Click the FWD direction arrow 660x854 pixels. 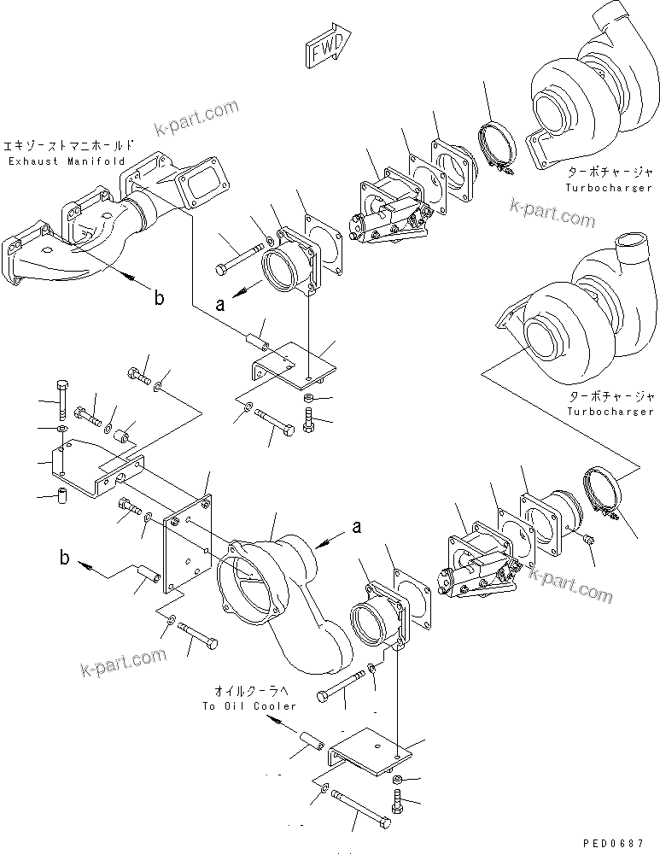click(328, 50)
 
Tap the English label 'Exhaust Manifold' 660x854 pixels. click(66, 161)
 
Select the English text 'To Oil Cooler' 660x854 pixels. click(250, 706)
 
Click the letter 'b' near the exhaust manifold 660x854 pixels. click(158, 298)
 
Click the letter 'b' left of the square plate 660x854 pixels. click(66, 560)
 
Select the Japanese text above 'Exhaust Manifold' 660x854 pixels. click(69, 145)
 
